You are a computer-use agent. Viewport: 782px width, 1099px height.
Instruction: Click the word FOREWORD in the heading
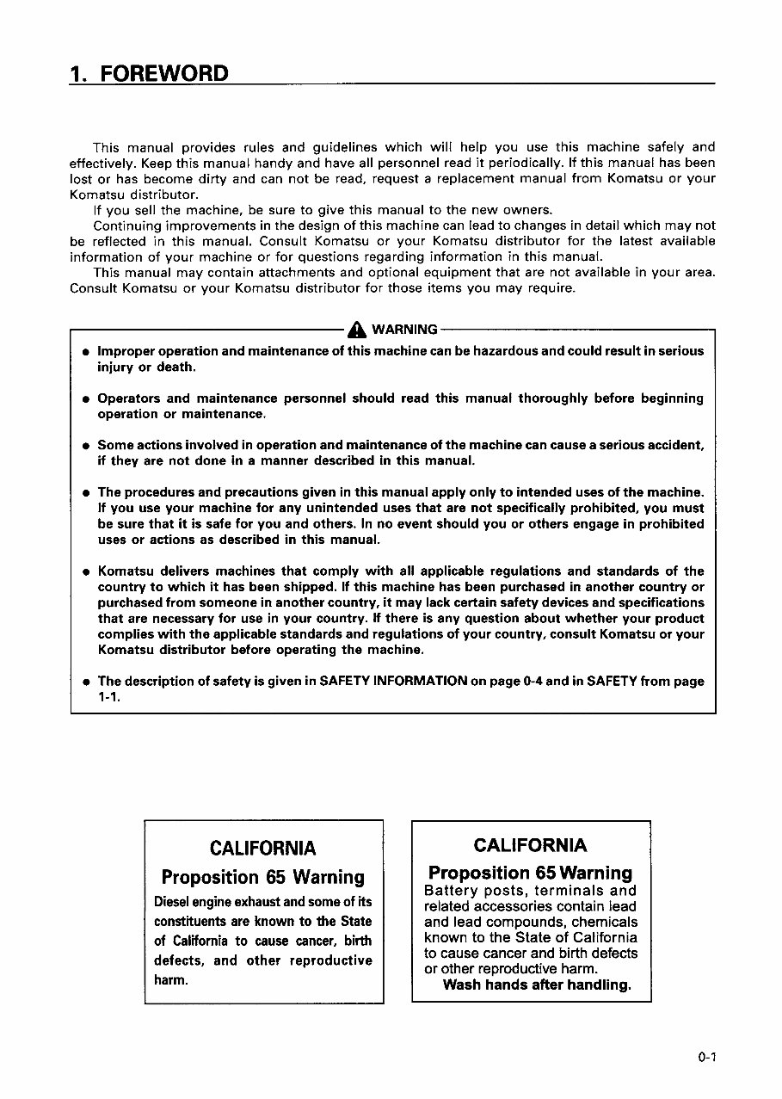click(x=164, y=72)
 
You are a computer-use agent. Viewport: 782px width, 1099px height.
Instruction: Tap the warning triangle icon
click(x=356, y=329)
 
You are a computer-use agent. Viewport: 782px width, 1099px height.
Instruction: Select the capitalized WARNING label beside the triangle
click(x=404, y=329)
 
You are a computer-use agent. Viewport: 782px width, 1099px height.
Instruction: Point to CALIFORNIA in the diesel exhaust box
click(x=262, y=849)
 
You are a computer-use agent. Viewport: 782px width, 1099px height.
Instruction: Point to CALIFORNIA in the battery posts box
click(x=531, y=844)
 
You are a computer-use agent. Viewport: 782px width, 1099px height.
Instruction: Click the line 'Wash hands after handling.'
click(x=537, y=985)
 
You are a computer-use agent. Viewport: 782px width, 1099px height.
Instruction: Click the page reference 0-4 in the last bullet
click(x=533, y=681)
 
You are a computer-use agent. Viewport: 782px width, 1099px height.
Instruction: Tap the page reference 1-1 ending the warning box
click(x=108, y=697)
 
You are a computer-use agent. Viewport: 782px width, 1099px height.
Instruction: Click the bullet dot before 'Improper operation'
click(x=86, y=352)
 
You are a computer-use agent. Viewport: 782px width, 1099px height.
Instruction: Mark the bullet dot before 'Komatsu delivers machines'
click(x=86, y=571)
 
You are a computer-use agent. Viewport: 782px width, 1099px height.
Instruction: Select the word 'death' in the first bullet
click(x=177, y=367)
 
